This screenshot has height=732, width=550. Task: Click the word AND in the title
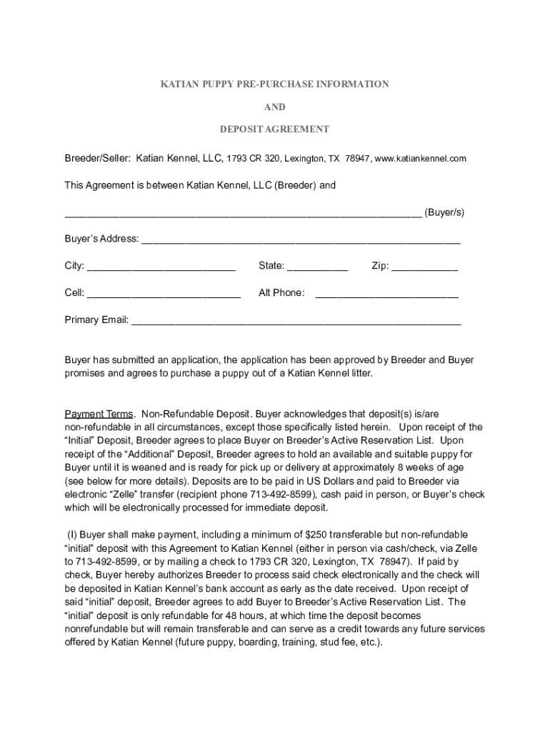275,107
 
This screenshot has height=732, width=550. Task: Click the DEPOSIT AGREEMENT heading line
275,129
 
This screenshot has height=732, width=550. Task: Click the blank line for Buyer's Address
301,240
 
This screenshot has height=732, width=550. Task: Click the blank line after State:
317,267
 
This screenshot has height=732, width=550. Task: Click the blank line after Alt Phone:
386,294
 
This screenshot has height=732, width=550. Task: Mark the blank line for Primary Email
296,321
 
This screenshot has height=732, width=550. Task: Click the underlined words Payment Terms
99,414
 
